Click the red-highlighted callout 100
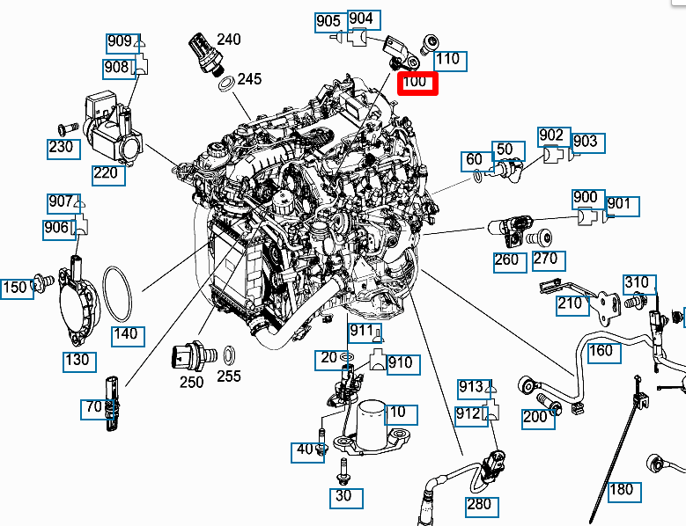tap(417, 83)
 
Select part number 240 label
tap(228, 40)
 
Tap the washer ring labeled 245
tap(225, 84)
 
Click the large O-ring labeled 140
tap(119, 296)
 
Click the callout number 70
tap(93, 407)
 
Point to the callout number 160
tap(601, 351)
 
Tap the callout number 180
tap(621, 489)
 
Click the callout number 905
tap(328, 20)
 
